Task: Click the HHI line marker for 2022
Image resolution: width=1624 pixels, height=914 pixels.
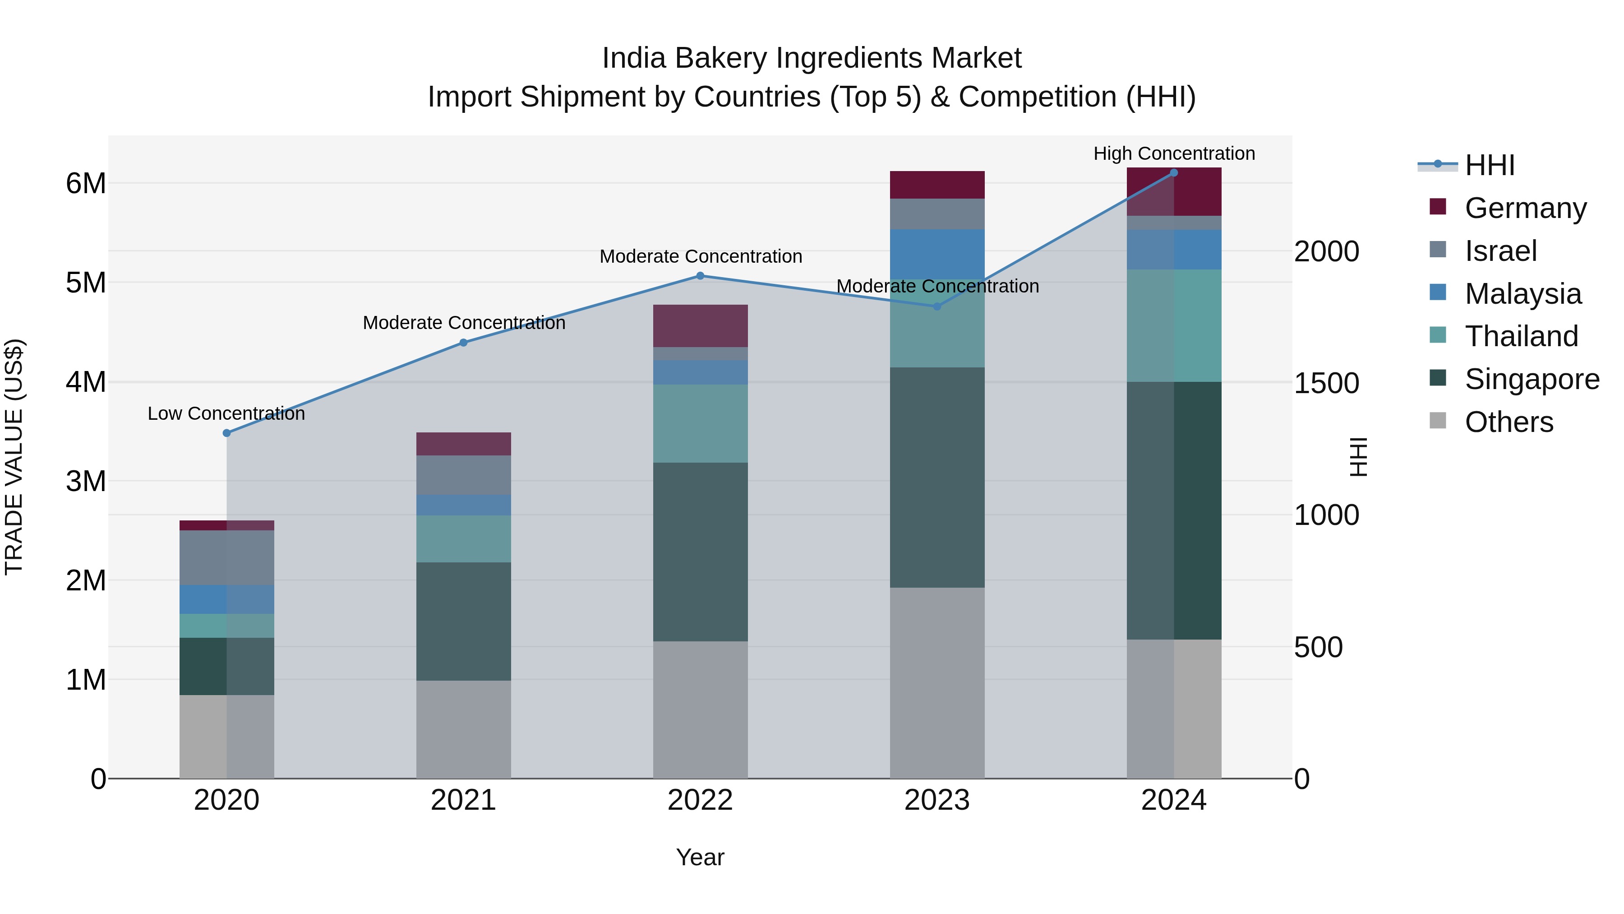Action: click(x=700, y=276)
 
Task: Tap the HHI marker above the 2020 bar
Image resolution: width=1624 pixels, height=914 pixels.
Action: click(x=227, y=433)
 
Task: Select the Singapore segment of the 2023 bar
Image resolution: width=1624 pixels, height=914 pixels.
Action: click(x=937, y=478)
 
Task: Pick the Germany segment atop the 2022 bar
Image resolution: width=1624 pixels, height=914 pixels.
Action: click(x=700, y=325)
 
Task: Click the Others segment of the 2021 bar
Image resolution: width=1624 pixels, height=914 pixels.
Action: click(x=463, y=729)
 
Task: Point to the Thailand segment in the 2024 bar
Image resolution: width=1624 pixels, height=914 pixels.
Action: click(x=1174, y=325)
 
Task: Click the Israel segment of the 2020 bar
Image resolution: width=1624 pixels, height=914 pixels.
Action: click(x=227, y=557)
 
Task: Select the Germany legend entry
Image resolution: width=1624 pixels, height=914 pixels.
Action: click(x=1525, y=208)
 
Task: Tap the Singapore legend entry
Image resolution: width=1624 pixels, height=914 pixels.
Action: click(x=1532, y=379)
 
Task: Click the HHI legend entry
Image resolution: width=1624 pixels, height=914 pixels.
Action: click(x=1489, y=165)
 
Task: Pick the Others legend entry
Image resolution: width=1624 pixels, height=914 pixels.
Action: click(x=1509, y=422)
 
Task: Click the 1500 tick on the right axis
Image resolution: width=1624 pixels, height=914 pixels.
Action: click(x=1326, y=384)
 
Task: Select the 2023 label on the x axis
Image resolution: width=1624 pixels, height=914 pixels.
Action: click(x=937, y=800)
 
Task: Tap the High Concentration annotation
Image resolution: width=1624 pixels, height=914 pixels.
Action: click(x=1174, y=153)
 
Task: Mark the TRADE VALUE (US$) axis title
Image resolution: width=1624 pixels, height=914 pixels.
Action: click(x=14, y=457)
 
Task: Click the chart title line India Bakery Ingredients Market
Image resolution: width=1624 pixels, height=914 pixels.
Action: click(x=812, y=58)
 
